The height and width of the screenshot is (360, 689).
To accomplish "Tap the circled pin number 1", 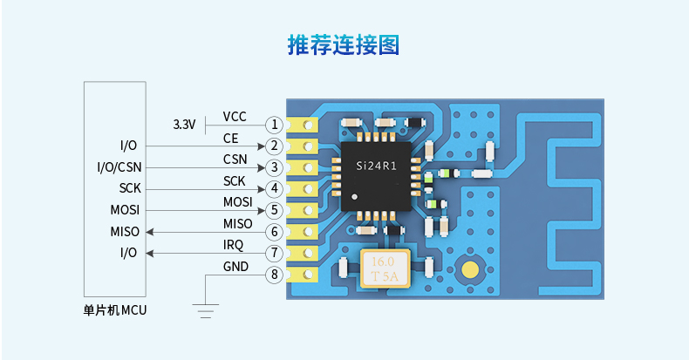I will point(275,125).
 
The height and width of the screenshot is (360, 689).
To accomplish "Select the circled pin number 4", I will point(275,188).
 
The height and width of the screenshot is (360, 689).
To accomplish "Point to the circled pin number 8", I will point(275,275).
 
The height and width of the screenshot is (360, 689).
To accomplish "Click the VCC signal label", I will point(235,116).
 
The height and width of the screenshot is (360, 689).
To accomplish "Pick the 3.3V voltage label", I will point(184,125).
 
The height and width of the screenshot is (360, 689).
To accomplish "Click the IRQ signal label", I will point(234,245).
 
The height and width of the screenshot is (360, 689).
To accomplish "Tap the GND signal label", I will point(235,267).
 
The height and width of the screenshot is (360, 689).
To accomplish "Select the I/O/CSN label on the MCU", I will point(118,166).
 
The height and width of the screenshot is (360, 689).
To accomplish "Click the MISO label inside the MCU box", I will point(125,231).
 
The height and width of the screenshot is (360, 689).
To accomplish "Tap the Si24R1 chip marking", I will point(377,166).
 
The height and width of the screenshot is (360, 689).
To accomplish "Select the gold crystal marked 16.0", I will point(385,269).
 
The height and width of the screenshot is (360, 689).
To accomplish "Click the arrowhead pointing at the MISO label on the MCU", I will point(150,232).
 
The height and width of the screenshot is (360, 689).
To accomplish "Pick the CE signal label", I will point(230,138).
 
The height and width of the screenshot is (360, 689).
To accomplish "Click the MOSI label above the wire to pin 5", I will point(237,202).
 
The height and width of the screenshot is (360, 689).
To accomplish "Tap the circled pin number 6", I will point(275,232).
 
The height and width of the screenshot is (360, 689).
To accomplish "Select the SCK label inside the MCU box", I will point(130,188).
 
